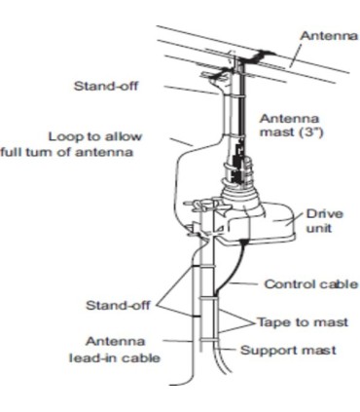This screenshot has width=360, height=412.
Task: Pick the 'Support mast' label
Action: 303,348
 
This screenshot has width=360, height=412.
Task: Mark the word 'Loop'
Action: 64,135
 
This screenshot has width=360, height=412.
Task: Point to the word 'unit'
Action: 318,230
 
